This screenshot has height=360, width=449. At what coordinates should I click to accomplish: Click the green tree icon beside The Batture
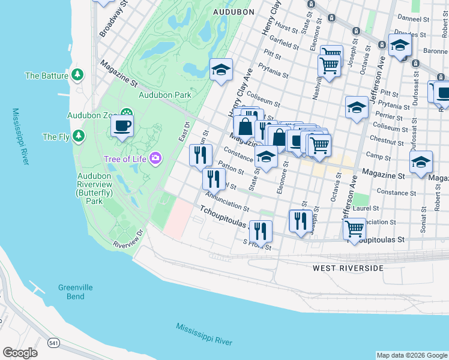(77, 75)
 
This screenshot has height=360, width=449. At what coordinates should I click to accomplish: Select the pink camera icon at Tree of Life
(155, 158)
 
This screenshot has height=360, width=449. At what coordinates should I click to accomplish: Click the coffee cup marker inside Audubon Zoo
(122, 126)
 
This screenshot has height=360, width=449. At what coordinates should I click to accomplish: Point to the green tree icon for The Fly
(79, 137)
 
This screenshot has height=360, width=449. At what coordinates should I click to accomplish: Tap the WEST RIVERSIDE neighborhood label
(348, 268)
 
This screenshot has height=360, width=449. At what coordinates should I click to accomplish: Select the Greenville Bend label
(75, 292)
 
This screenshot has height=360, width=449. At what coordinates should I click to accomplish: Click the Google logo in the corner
(20, 353)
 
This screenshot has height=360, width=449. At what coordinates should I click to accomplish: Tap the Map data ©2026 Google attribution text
(412, 355)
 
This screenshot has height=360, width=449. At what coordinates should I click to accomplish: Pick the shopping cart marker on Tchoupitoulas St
(355, 228)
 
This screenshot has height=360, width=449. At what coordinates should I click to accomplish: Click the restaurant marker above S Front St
(261, 230)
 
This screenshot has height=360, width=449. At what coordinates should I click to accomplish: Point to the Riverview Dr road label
(129, 238)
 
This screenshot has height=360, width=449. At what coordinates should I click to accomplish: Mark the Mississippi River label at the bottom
(204, 334)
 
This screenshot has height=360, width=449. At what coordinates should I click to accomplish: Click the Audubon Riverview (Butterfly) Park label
(94, 189)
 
